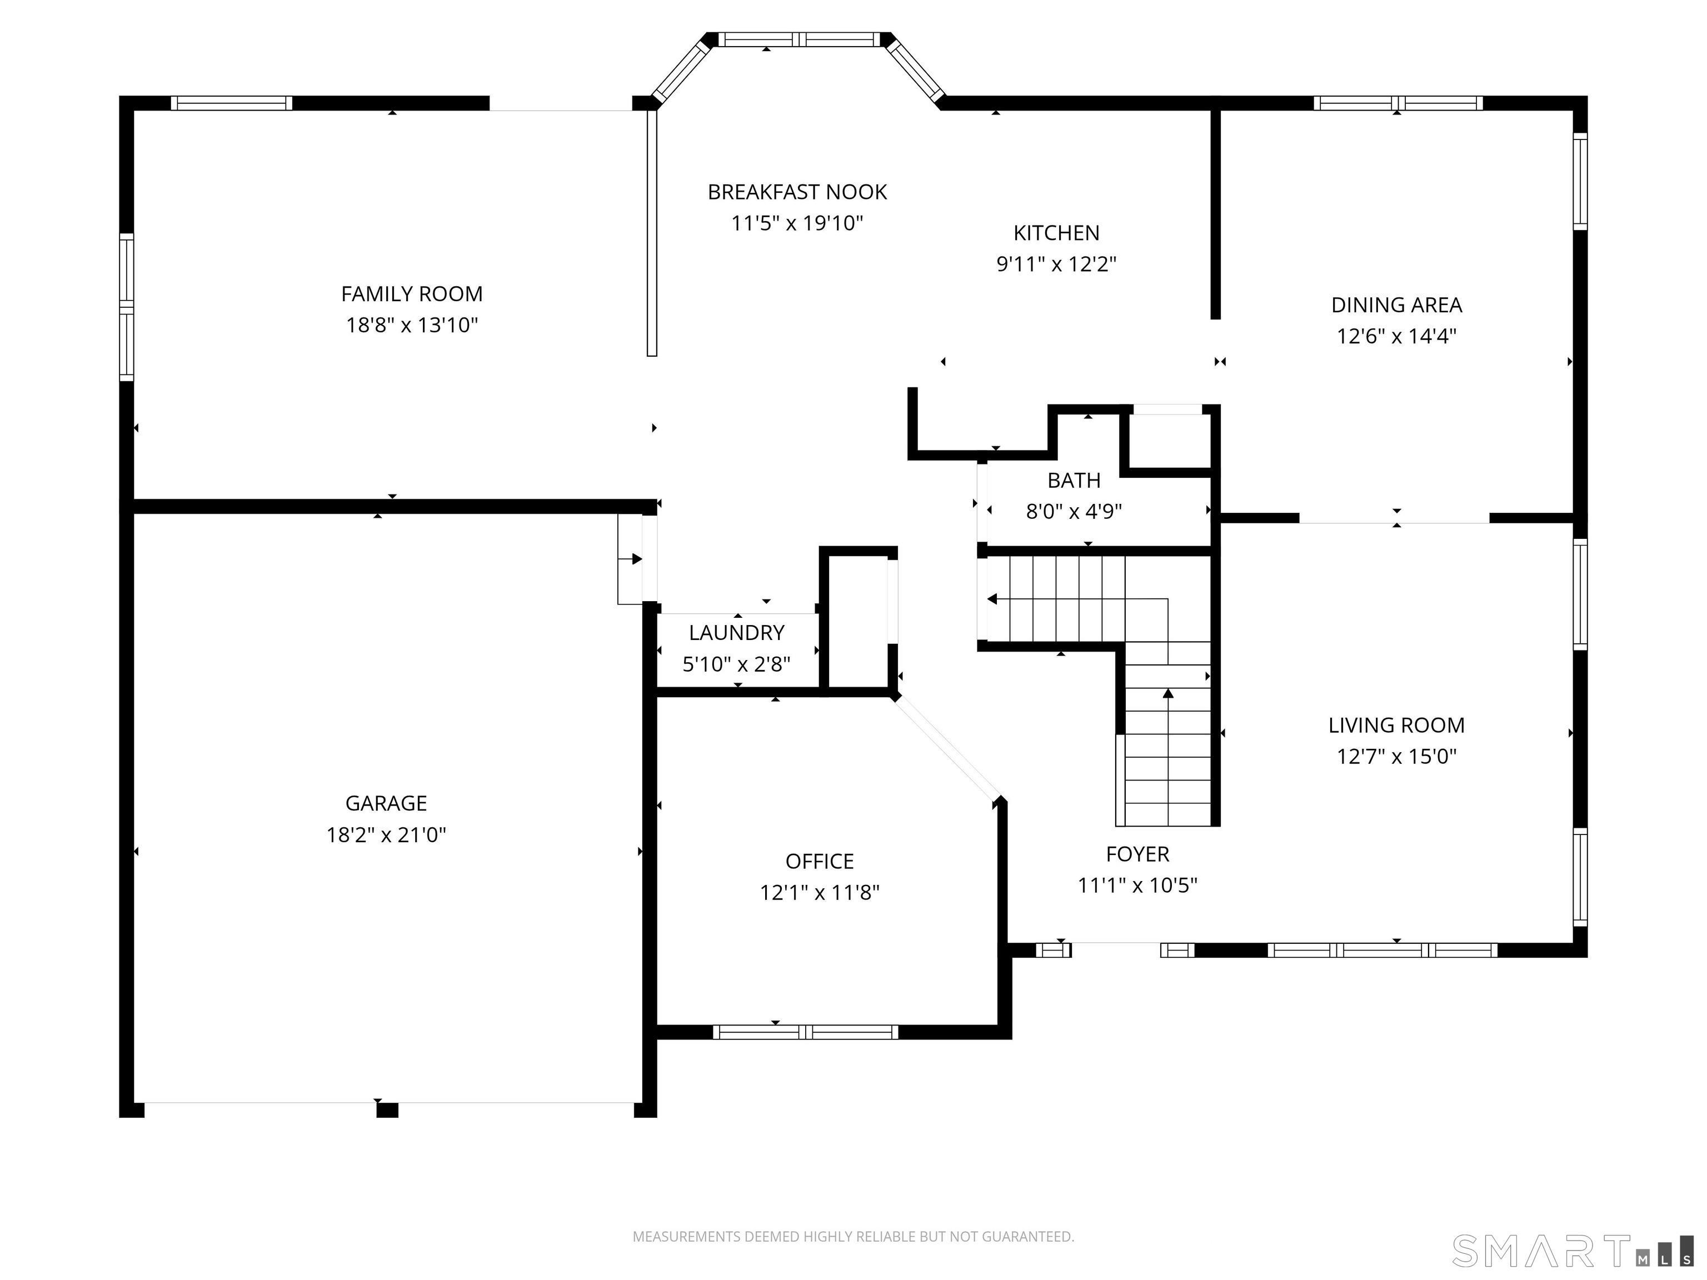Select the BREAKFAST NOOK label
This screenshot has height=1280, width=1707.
(x=797, y=192)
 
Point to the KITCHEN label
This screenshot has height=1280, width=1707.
(x=1056, y=233)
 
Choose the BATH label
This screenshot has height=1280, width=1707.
(x=1074, y=481)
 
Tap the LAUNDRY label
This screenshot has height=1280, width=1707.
(x=736, y=633)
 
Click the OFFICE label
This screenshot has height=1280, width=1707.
(x=820, y=861)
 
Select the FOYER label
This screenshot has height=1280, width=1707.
(x=1137, y=854)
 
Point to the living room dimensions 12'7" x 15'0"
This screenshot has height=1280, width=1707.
(x=1396, y=757)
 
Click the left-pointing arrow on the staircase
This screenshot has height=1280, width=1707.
(x=992, y=599)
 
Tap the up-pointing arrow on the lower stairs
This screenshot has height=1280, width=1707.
(x=1167, y=694)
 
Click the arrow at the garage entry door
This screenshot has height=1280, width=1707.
(x=636, y=558)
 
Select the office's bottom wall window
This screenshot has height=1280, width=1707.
(x=805, y=1032)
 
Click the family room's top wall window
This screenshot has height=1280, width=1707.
(x=232, y=103)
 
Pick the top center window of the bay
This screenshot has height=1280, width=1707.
(x=800, y=39)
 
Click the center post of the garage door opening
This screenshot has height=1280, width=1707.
(x=387, y=1110)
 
